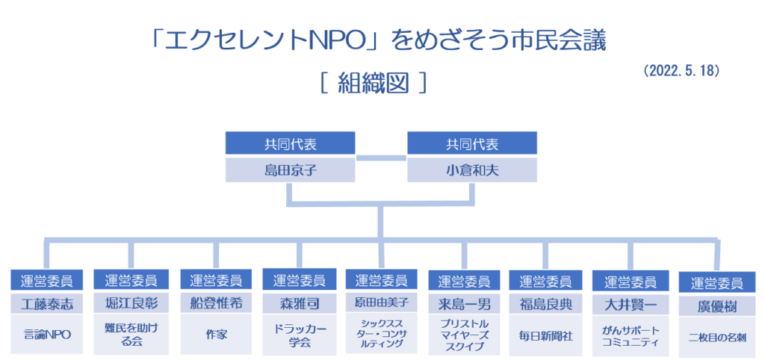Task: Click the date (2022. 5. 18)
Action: pyautogui.click(x=681, y=71)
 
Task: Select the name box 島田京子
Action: pyautogui.click(x=291, y=171)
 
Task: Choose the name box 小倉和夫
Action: pyautogui.click(x=472, y=171)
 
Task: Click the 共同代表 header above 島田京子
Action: pyautogui.click(x=291, y=143)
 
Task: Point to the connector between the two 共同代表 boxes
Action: pyautogui.click(x=381, y=158)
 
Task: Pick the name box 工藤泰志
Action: pyautogui.click(x=47, y=304)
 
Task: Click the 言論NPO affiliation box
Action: pyautogui.click(x=47, y=335)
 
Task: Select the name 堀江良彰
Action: pyautogui.click(x=131, y=304)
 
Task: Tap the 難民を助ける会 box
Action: pyautogui.click(x=131, y=335)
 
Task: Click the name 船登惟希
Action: pyautogui.click(x=216, y=304)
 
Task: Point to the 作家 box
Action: pyautogui.click(x=216, y=335)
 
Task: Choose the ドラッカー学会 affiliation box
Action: pyautogui.click(x=299, y=335)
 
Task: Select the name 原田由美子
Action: pyautogui.click(x=381, y=303)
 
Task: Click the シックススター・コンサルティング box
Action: pyautogui.click(x=381, y=334)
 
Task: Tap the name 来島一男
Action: pyautogui.click(x=464, y=305)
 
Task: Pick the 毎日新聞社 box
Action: pyautogui.click(x=545, y=336)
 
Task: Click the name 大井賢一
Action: pyautogui.click(x=630, y=305)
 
